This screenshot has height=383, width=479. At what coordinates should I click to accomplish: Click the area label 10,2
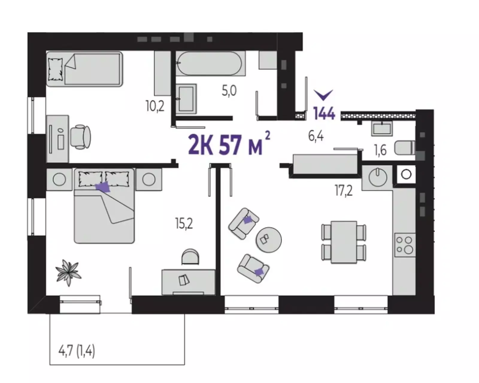click(x=155, y=106)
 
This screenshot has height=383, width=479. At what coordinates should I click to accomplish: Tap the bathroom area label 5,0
click(x=229, y=91)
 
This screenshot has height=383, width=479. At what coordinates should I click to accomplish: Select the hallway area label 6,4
click(x=316, y=136)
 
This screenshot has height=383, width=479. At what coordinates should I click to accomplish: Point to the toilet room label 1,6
click(x=380, y=150)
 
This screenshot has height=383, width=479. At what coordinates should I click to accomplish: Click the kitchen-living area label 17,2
click(x=344, y=191)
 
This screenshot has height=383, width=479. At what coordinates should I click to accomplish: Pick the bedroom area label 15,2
click(x=184, y=224)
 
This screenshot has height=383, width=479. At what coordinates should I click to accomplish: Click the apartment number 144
click(x=324, y=113)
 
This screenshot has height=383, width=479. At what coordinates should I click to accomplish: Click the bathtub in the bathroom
click(x=210, y=63)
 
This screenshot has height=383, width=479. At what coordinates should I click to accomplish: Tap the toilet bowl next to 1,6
click(x=405, y=148)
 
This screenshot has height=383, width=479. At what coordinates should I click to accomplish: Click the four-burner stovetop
click(x=405, y=245)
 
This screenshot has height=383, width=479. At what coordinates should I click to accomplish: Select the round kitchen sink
click(x=378, y=177)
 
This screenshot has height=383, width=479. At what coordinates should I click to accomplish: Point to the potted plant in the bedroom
click(x=68, y=273)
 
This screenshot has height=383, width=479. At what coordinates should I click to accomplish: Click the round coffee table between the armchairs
click(x=269, y=240)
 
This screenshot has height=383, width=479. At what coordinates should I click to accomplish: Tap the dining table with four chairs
click(x=344, y=242)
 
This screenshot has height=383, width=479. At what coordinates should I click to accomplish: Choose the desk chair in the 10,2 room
click(x=81, y=137)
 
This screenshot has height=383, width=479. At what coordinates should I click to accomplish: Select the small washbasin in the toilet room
click(x=381, y=129)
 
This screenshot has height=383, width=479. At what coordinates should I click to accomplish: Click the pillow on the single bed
click(x=56, y=69)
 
